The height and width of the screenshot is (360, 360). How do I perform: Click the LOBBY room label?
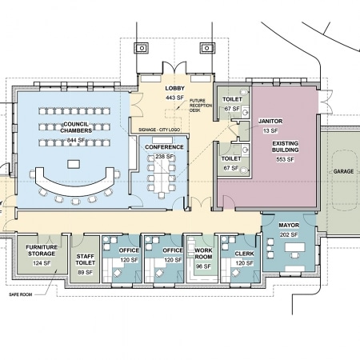(x=174, y=88)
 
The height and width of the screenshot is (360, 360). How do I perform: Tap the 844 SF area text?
(x=76, y=140)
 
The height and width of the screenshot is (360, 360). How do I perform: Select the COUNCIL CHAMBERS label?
(x=76, y=127)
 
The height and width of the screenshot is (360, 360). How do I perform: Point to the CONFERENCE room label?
(x=164, y=147)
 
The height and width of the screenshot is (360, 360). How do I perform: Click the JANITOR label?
(x=270, y=122)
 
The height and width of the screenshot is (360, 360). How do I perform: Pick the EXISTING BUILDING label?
(x=285, y=146)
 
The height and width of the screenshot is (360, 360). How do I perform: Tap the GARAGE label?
(x=343, y=171)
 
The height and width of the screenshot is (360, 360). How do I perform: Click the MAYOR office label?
(x=289, y=226)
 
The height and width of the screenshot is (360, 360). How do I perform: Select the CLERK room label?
(x=244, y=254)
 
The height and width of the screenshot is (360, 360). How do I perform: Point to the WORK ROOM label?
(x=203, y=254)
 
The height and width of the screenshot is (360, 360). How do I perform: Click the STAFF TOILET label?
(x=85, y=260)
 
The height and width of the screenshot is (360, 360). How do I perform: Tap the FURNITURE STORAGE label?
(x=42, y=250)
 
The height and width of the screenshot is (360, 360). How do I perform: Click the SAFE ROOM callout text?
(x=21, y=294)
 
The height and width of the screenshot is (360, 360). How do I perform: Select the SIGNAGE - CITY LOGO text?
(x=159, y=130)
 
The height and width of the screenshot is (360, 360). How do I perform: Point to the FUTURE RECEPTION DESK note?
(x=201, y=106)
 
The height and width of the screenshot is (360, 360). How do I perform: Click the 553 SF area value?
(x=285, y=159)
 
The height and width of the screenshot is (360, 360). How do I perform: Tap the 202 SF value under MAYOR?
(x=289, y=235)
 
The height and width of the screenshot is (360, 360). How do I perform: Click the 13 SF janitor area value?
(x=270, y=131)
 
